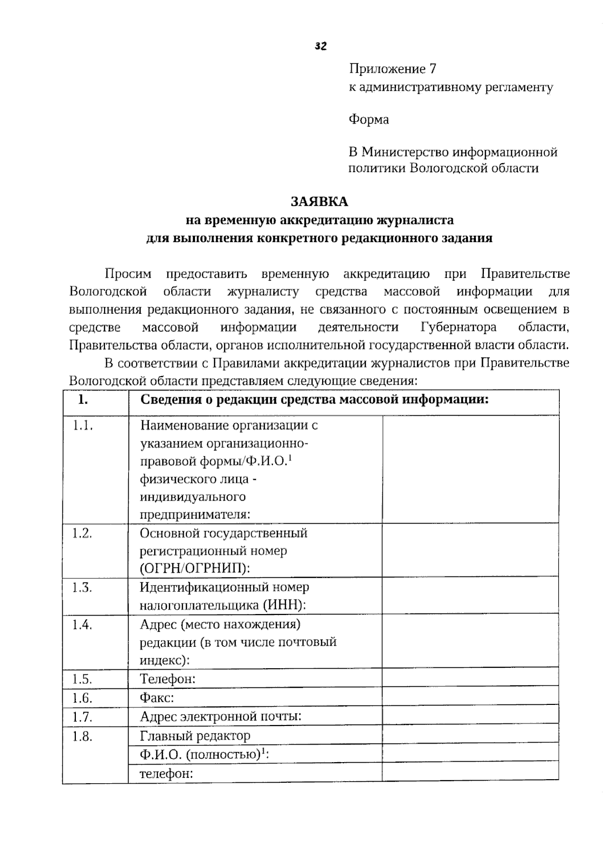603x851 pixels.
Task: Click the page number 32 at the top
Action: tap(321, 47)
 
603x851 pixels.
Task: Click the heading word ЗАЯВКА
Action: tap(320, 202)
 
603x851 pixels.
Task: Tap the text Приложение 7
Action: tap(392, 69)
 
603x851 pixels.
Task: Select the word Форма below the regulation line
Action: tap(369, 119)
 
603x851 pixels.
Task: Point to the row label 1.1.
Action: tap(83, 426)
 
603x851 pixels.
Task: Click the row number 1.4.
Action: tap(82, 625)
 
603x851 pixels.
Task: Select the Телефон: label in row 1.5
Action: tap(168, 679)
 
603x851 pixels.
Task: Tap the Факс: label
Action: tap(157, 698)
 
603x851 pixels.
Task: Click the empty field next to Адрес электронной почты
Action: tap(470, 716)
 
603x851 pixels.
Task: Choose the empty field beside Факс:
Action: tap(470, 698)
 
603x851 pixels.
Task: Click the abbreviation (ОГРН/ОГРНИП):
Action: tap(195, 568)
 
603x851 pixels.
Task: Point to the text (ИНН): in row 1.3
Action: tap(284, 605)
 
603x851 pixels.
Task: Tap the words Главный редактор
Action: tap(195, 736)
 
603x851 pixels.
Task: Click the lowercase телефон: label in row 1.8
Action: tap(166, 774)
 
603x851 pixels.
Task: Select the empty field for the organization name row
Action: tap(470, 469)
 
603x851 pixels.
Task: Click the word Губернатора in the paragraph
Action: tap(458, 327)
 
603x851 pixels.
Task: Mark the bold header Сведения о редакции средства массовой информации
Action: tap(315, 400)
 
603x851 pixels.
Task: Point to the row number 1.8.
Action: tap(82, 737)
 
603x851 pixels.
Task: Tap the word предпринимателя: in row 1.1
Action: tap(195, 515)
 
